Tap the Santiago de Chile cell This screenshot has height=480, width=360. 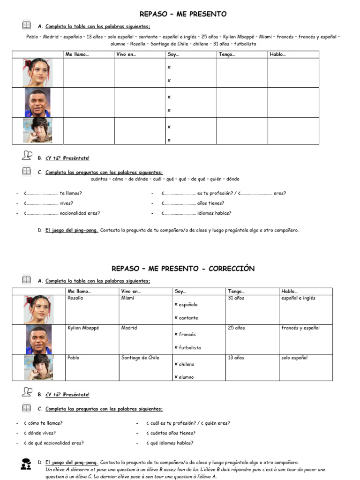pyautogui.click(x=140, y=358)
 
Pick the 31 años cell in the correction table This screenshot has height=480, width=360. pyautogui.click(x=236, y=298)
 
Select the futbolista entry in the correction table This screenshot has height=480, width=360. pyautogui.click(x=190, y=348)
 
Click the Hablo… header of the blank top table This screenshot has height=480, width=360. pyautogui.click(x=277, y=54)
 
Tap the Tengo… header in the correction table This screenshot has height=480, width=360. pyautogui.click(x=236, y=291)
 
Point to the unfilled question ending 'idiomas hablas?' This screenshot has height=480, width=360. pyautogui.click(x=196, y=213)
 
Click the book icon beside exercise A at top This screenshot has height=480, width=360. pyautogui.click(x=26, y=25)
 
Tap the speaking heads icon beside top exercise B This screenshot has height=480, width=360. pyautogui.click(x=27, y=156)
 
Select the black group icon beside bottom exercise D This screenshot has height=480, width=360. pyautogui.click(x=26, y=464)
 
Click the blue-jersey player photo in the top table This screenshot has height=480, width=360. pyautogui.click(x=38, y=102)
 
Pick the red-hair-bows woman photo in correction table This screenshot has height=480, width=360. pyautogui.click(x=38, y=309)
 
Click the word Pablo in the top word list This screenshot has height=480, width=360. pyautogui.click(x=32, y=37)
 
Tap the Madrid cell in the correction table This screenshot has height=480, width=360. pyautogui.click(x=129, y=328)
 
